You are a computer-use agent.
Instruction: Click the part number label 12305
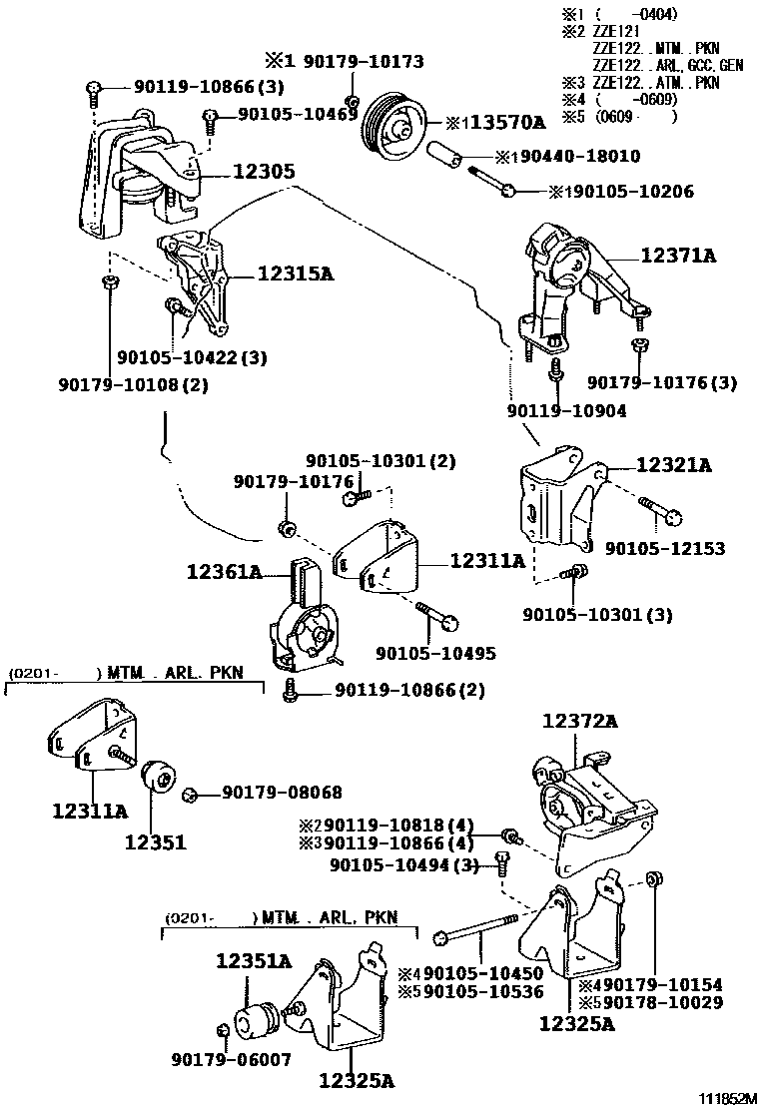tap(264, 172)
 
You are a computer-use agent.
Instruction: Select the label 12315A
tap(295, 273)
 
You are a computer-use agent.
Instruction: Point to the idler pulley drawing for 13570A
tap(390, 125)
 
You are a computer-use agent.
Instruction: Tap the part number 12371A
tap(678, 256)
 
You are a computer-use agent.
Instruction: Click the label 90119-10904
tap(566, 410)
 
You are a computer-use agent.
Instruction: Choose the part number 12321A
tap(673, 465)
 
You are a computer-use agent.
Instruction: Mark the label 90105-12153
tap(664, 549)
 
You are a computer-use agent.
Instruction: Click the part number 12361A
tap(224, 572)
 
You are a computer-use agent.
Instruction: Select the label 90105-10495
tap(435, 653)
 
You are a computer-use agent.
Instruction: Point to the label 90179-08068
tap(281, 793)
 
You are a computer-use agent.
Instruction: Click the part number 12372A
tap(580, 721)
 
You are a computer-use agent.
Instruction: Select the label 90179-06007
tap(231, 1059)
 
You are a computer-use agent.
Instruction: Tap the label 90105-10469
tap(298, 116)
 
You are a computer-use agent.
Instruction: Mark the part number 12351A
tap(254, 961)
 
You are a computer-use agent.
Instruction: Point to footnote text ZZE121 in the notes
tap(613, 31)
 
